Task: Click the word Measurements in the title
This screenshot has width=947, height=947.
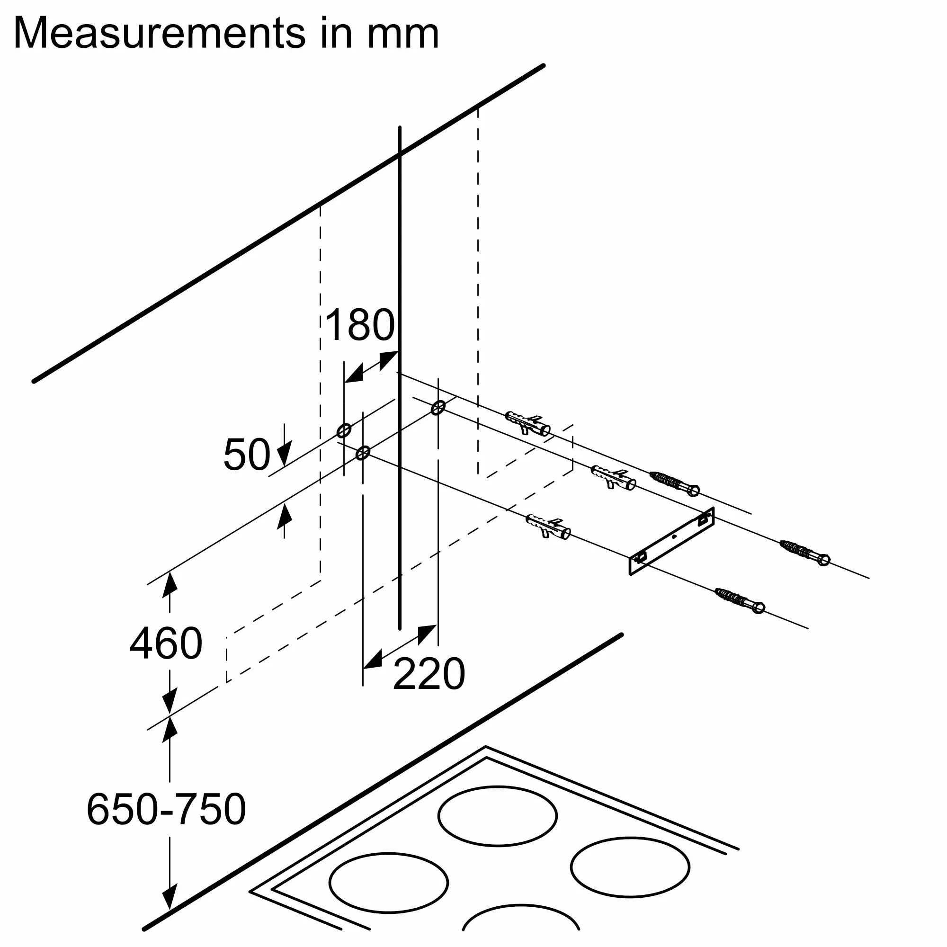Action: point(160,33)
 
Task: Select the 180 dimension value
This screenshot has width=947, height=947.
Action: point(359,325)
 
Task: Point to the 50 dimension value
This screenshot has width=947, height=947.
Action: point(247,455)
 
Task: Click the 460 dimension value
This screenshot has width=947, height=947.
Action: point(166,643)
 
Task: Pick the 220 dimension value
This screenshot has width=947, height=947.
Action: point(429,675)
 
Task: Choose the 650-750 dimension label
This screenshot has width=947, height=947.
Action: point(166,809)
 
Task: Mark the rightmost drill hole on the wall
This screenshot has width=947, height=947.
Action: point(438,407)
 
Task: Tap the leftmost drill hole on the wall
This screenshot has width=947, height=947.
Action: point(344,431)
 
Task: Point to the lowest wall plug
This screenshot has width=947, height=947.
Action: point(548,527)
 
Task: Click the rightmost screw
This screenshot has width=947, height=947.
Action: point(805,552)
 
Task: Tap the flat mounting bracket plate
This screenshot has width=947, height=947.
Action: point(672,541)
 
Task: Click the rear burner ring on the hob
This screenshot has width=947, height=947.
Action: point(497,816)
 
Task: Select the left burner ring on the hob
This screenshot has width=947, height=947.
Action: point(388,883)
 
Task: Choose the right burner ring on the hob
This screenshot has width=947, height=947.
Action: point(630,867)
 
